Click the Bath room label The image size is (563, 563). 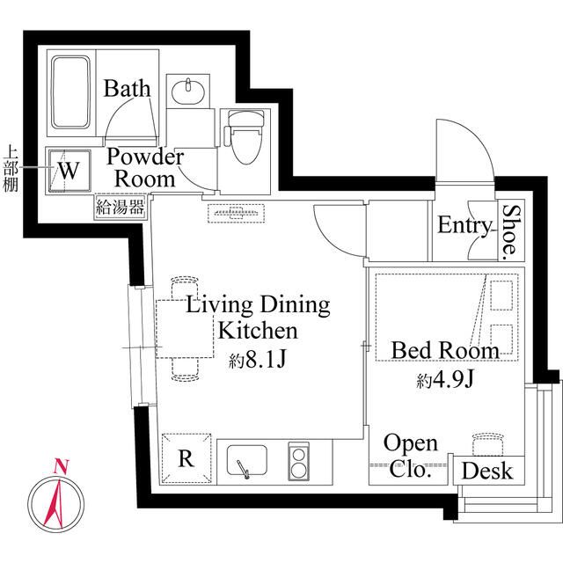(128, 89)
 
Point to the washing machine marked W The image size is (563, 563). (69, 168)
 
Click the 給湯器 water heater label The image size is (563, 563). (121, 208)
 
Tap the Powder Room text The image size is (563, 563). (146, 167)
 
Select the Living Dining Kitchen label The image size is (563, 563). (258, 318)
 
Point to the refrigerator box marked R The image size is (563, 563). (186, 458)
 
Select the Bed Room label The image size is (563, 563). (445, 350)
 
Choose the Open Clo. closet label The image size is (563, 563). (410, 456)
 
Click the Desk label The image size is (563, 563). (486, 472)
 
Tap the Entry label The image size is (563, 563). (464, 226)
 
